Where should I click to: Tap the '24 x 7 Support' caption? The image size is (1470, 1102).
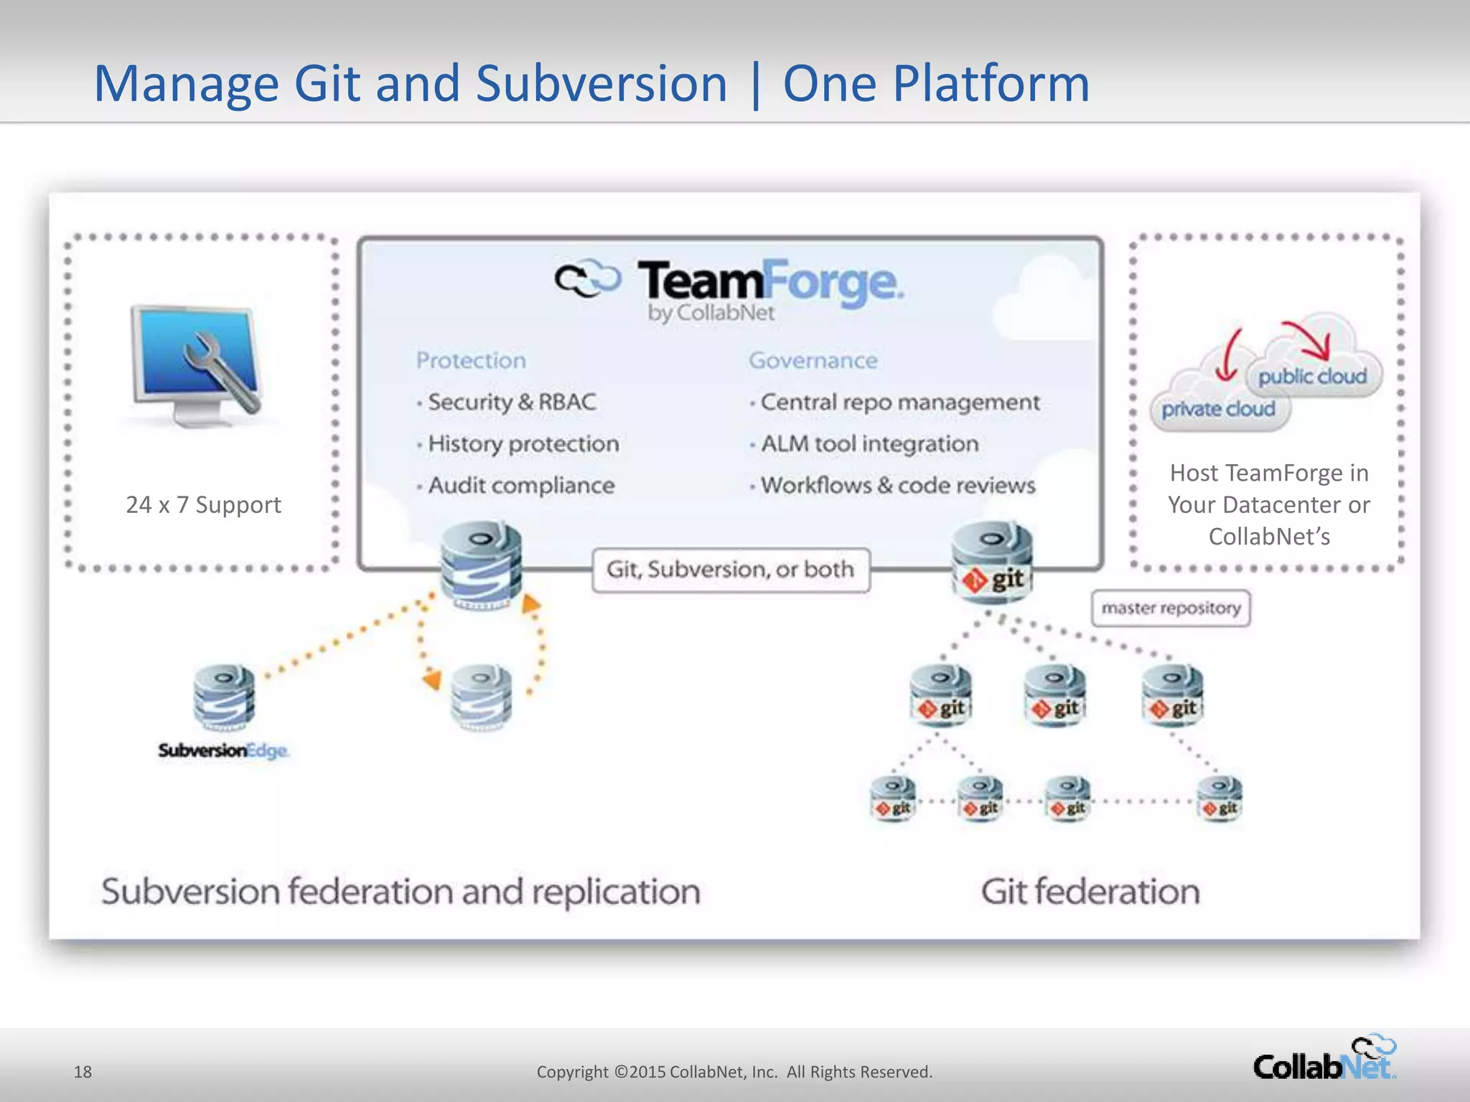pos(203,504)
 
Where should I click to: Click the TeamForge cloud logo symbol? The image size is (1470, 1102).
pos(587,278)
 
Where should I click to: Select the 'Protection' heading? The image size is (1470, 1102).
pos(471,360)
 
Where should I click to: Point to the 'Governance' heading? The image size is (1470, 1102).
pos(813,360)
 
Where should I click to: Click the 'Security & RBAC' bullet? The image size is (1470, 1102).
pos(511,402)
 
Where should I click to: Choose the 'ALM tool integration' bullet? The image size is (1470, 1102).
pos(869,444)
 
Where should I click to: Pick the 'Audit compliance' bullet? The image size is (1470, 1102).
pos(520,486)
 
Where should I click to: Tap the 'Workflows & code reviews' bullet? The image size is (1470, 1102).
pos(897,486)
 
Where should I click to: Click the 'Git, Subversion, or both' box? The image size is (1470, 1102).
pos(731,570)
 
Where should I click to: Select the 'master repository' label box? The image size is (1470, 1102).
pos(1171,608)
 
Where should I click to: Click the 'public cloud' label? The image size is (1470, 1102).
pos(1312,376)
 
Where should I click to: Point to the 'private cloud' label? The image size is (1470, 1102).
pos(1218,409)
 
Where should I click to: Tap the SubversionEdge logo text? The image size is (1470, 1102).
pos(223,750)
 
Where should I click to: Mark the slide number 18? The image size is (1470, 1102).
pos(83,1072)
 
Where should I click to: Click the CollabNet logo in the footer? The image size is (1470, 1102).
pos(1324,1060)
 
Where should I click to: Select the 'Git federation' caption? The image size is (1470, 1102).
pos(1090,892)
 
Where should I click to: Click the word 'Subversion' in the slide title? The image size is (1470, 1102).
pos(601,83)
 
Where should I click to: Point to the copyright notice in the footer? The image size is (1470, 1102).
pos(734,1072)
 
